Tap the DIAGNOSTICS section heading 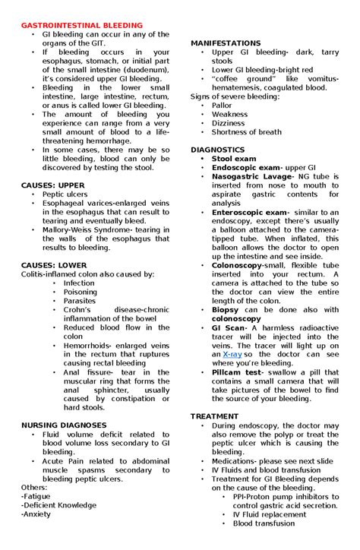[218, 150]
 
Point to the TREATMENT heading [215, 417]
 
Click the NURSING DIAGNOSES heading [65, 425]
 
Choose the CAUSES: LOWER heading [54, 265]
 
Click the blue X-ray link [233, 354]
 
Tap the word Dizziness [229, 123]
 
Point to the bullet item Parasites [80, 301]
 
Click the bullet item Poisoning [81, 292]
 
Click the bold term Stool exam [234, 159]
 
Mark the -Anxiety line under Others [37, 514]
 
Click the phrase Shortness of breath [247, 132]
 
